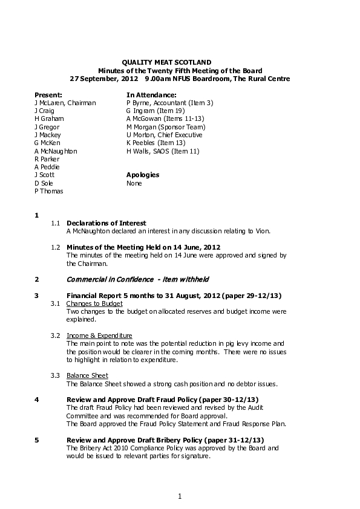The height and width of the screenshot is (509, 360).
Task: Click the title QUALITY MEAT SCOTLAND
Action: [x=167, y=62]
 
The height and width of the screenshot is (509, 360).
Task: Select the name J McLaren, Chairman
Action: [x=65, y=103]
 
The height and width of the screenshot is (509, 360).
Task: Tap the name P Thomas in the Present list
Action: [x=49, y=191]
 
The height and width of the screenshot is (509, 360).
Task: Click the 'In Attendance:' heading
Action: [x=151, y=95]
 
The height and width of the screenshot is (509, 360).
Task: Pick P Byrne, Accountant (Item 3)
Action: [x=169, y=103]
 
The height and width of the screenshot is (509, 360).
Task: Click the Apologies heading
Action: [x=143, y=175]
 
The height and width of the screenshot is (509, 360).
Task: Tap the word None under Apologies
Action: [x=134, y=183]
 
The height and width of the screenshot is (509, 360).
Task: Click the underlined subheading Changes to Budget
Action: [x=94, y=303]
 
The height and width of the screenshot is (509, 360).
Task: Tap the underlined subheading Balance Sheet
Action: [x=87, y=375]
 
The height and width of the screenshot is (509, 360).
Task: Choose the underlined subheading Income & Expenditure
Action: [x=99, y=336]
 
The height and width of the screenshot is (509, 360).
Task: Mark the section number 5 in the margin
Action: [x=37, y=439]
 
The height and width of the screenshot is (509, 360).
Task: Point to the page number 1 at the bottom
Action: [x=180, y=496]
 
